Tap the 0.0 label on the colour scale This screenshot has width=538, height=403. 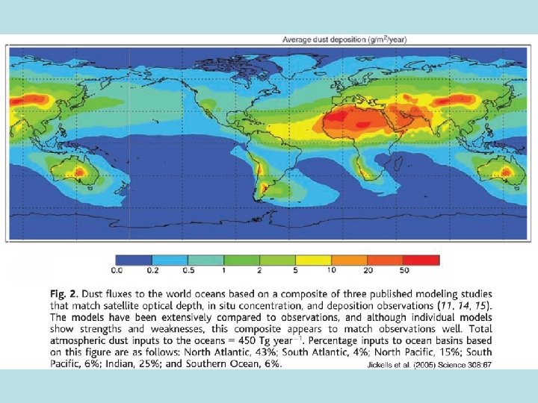click(117, 271)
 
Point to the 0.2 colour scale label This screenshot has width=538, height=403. click(152, 271)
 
